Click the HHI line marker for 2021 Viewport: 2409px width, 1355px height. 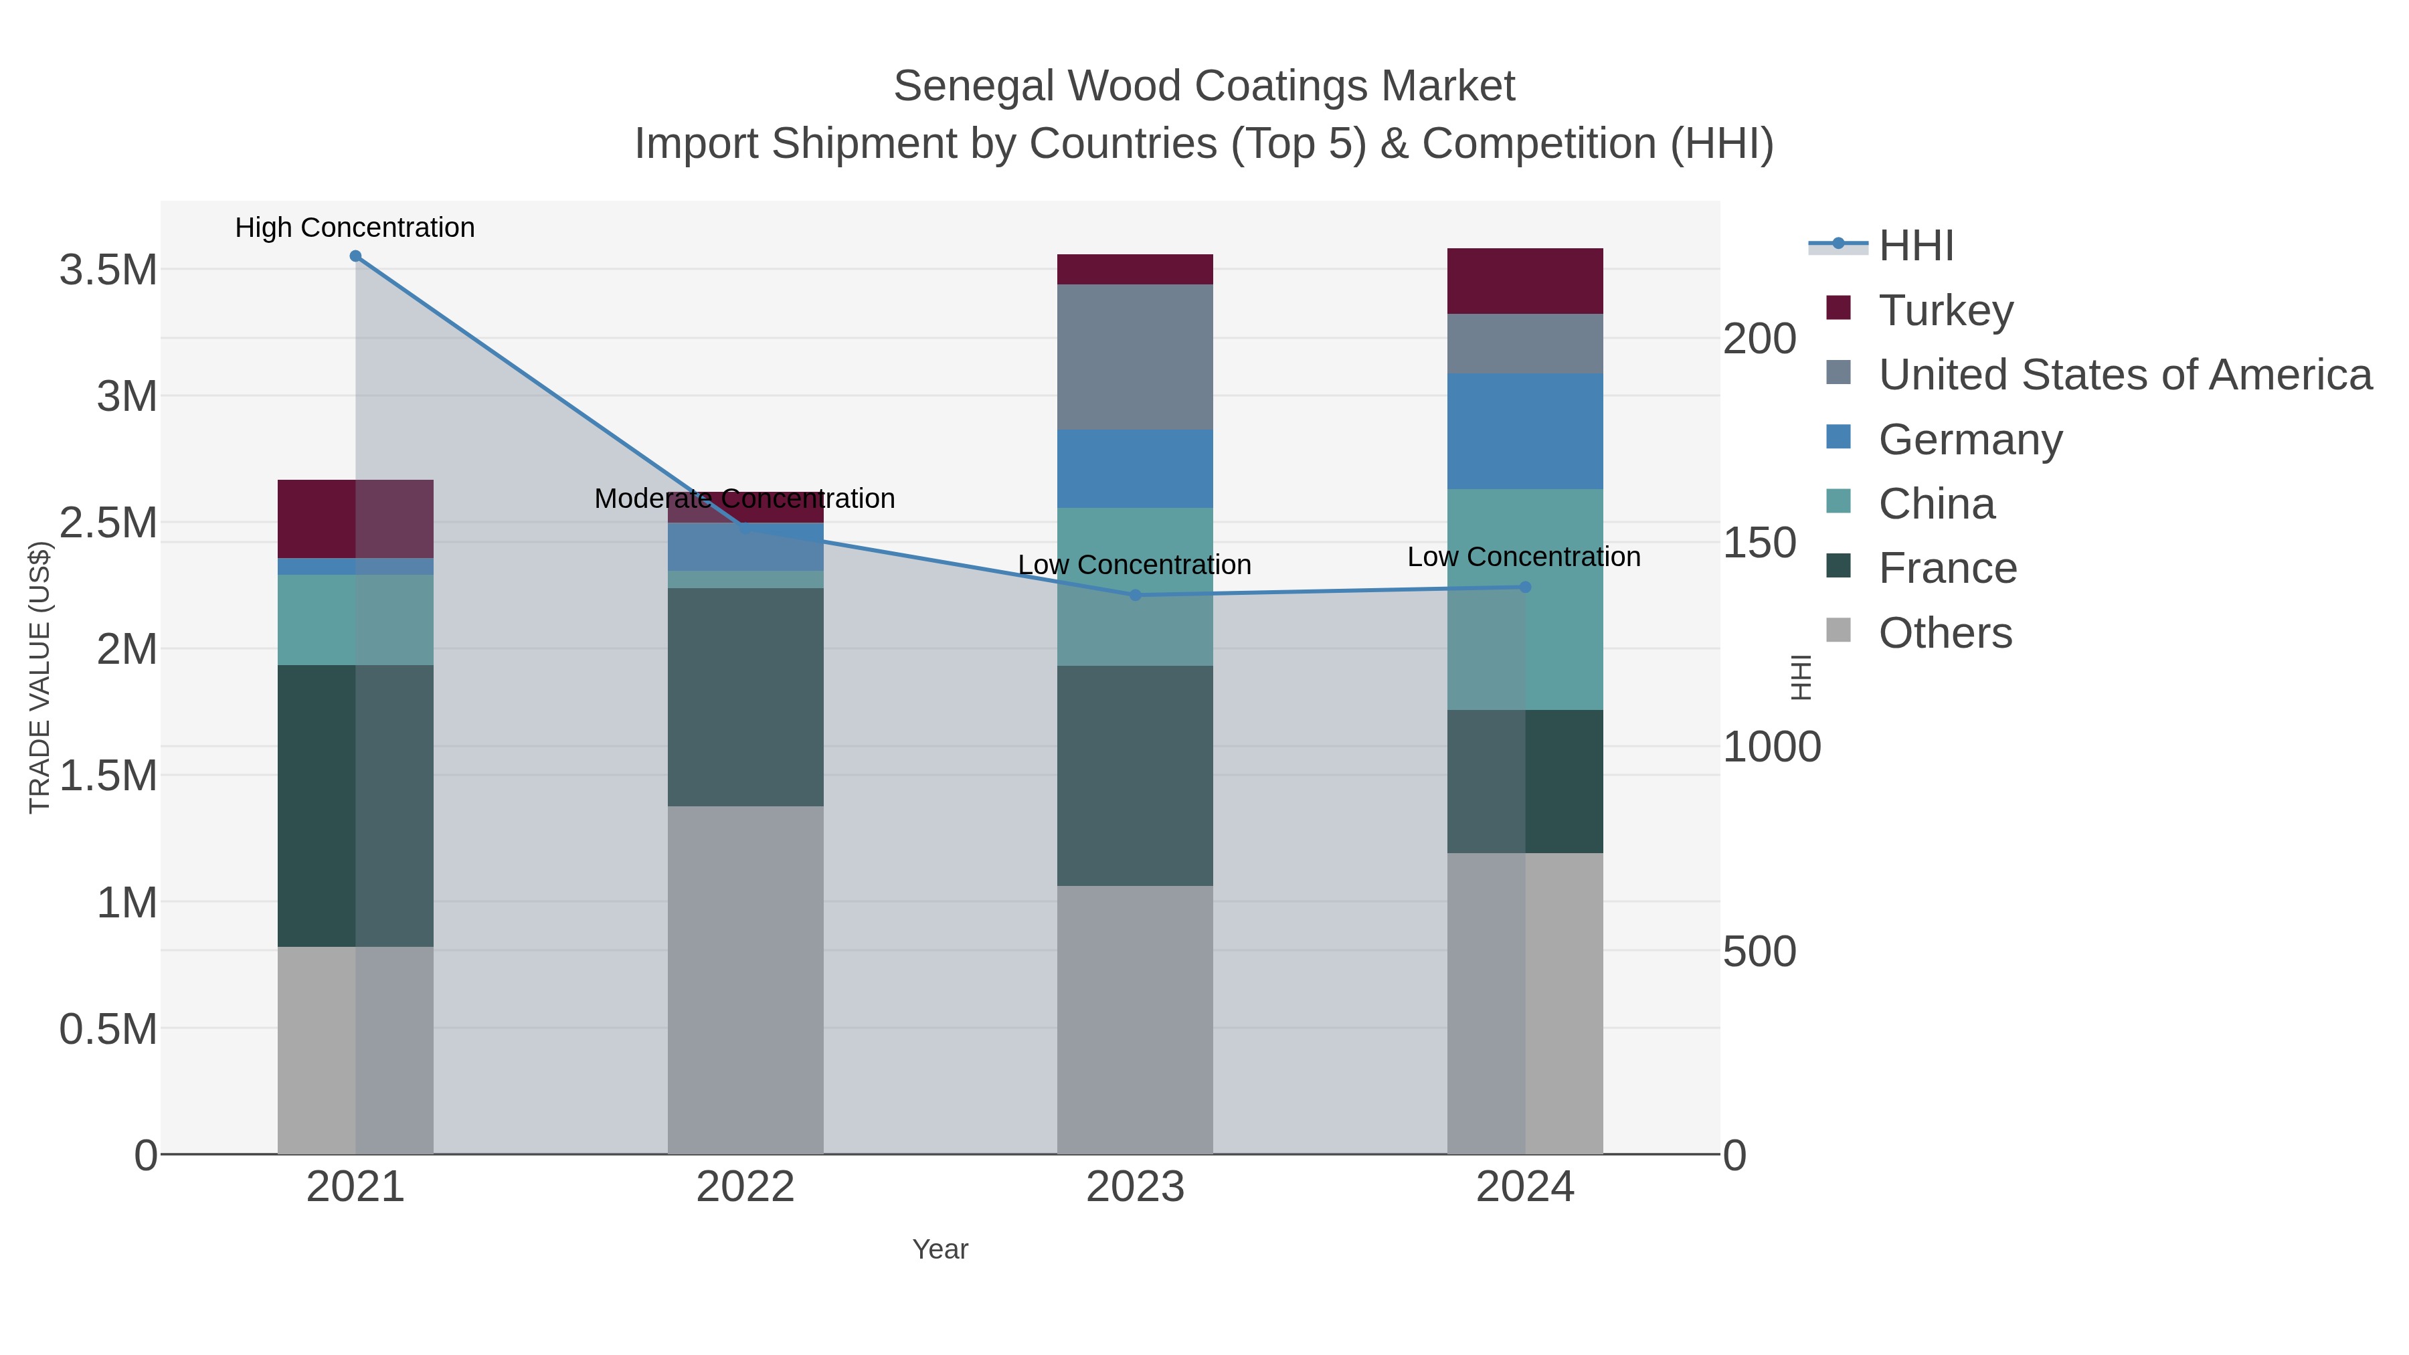point(355,256)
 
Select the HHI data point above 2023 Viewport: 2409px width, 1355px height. point(1136,595)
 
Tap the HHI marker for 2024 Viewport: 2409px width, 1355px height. point(1525,588)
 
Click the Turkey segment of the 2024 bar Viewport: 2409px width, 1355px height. point(1525,280)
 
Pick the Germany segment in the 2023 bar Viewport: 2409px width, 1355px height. point(1136,468)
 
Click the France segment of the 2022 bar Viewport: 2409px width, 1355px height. point(745,697)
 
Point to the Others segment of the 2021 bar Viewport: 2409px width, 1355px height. point(355,1049)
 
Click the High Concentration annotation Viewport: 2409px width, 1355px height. point(355,228)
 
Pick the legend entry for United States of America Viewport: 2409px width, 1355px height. point(2125,374)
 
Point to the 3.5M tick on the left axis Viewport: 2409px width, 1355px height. point(108,270)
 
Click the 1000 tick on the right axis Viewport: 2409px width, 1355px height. point(1771,747)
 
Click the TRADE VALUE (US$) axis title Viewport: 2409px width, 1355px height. point(39,677)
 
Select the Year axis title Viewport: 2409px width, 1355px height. point(940,1249)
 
